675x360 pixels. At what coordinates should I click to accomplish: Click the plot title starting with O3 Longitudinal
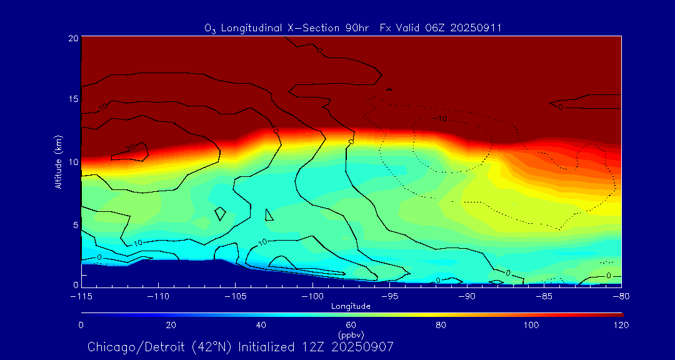353,27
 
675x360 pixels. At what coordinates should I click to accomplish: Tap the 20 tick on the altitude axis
72,38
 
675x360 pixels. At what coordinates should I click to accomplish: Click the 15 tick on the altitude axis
72,99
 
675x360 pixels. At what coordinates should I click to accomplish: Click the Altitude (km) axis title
58,162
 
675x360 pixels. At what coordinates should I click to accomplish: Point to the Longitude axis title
351,306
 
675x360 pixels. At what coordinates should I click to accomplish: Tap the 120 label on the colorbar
621,325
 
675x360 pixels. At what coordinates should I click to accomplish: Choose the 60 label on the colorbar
351,325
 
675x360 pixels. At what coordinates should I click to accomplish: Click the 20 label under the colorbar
171,325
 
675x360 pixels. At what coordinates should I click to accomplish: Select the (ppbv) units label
351,334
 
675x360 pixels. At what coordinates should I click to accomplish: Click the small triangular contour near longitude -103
269,214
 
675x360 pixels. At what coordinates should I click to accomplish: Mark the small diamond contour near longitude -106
220,214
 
